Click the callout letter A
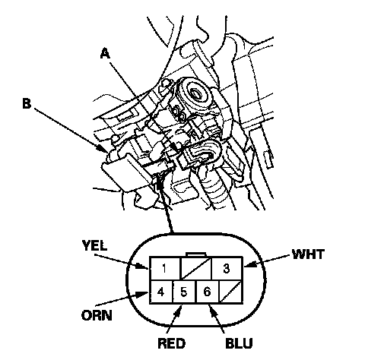click(105, 54)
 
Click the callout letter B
click(27, 103)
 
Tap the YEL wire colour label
click(94, 245)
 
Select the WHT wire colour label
click(308, 254)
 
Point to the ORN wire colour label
click(97, 315)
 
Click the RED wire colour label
click(172, 343)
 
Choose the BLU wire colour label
click(239, 343)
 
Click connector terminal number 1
click(164, 268)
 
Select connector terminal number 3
click(227, 268)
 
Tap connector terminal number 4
click(160, 292)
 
